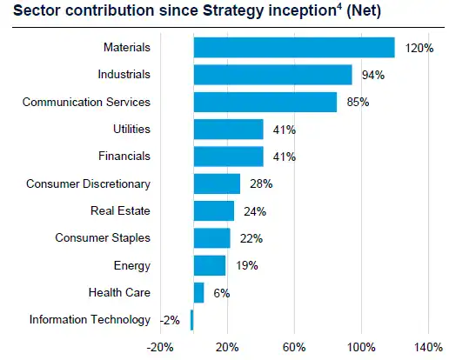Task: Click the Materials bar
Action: [x=293, y=47]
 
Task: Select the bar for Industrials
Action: [x=272, y=75]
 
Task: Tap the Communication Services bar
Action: [x=265, y=102]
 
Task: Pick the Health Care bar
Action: [x=198, y=292]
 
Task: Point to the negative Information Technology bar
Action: [x=191, y=320]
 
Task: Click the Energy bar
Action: [x=209, y=265]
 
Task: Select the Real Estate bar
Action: [x=213, y=210]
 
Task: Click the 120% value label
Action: [x=419, y=48]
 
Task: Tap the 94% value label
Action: [x=373, y=76]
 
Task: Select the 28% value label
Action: [x=261, y=183]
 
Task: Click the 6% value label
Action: [x=221, y=293]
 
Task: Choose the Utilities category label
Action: [x=131, y=129]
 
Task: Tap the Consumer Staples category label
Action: [x=103, y=237]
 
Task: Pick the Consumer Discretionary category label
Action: [x=88, y=183]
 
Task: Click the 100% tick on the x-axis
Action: [x=361, y=347]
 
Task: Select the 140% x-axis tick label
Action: [x=428, y=347]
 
